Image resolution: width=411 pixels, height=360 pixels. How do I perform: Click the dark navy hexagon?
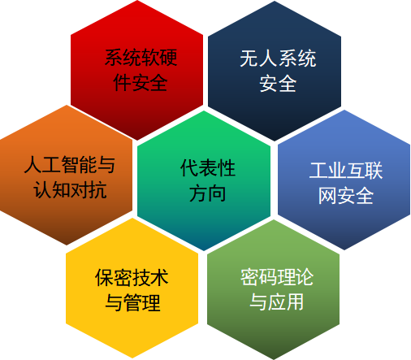pos(275,71)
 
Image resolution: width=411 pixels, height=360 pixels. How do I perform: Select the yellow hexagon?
pos(132,288)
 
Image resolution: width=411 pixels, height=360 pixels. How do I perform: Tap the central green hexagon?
pos(204,180)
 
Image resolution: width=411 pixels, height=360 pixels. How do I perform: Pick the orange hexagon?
pos(67,175)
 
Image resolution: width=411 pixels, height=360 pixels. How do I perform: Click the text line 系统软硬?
pos(141,58)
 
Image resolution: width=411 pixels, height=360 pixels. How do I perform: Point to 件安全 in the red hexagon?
pos(141,83)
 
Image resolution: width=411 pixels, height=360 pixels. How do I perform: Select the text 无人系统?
pos(278,59)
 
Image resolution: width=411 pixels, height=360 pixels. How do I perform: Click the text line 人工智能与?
pos(70,164)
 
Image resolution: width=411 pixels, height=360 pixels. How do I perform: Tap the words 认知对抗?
pos(70,190)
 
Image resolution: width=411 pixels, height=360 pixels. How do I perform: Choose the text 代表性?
pos(208,168)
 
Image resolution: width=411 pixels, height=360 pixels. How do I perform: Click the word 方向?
pos(208,193)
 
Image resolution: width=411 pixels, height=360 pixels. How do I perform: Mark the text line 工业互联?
pos(346,171)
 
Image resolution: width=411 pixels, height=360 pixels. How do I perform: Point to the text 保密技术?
pos(132,277)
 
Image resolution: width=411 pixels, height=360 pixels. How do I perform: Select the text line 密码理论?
pos(277,277)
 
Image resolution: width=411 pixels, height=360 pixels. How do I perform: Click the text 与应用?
pos(276,301)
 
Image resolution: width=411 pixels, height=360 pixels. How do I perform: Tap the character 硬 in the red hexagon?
pos(168,58)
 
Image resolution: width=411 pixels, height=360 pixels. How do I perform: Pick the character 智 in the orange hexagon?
pos(70,164)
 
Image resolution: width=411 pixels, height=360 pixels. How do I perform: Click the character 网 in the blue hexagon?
pos(327,196)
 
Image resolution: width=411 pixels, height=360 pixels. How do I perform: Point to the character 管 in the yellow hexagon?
pos(132,303)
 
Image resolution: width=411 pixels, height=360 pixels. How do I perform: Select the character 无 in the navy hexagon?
pos(249,59)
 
